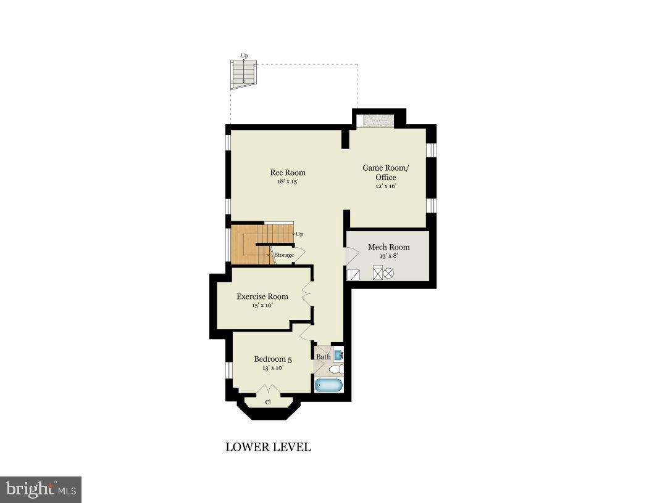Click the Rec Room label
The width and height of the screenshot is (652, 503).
288,173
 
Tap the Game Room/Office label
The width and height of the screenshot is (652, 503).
385,173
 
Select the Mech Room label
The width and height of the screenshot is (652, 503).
388,247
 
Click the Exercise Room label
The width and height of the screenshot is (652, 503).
262,296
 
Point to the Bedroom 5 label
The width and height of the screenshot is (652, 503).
273,359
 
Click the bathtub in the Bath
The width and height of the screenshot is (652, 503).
328,386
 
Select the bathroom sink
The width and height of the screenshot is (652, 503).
338,355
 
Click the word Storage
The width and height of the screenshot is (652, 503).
284,255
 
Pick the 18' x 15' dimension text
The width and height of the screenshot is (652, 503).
288,182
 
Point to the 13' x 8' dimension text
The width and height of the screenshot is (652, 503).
388,256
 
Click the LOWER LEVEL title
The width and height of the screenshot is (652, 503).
268,448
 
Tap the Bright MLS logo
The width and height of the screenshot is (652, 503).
41,489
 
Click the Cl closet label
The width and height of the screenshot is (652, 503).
268,402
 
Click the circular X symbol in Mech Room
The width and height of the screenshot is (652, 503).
389,273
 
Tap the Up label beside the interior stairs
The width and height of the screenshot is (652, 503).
299,234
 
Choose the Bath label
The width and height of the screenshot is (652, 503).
323,357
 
